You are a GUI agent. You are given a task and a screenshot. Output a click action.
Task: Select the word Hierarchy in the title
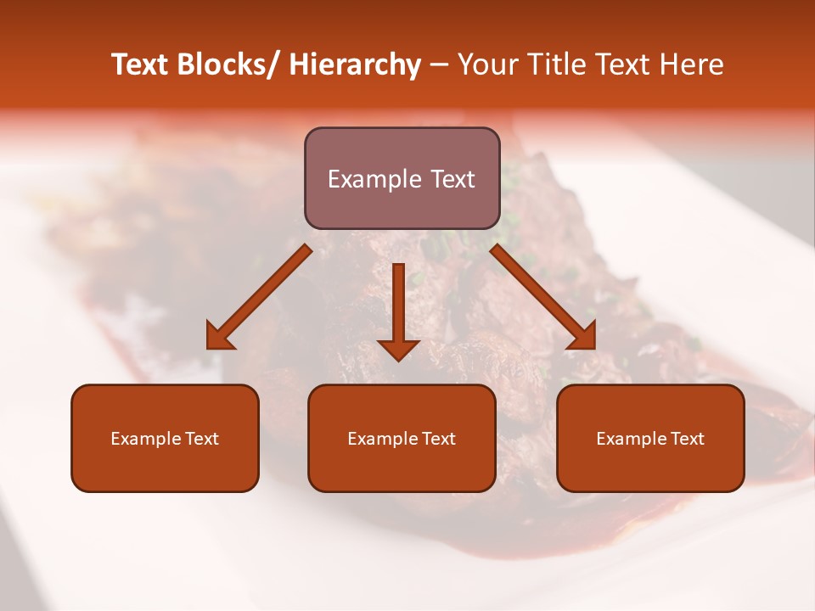355,64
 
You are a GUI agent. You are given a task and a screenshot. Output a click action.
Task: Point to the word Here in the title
692,64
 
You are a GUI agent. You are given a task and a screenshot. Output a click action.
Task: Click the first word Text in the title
141,64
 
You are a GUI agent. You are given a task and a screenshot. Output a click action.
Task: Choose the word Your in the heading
488,64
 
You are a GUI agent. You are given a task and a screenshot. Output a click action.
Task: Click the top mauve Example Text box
402,178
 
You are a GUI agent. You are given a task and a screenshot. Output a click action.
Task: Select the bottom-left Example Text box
165,438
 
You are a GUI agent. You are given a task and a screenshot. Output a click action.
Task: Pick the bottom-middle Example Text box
402,438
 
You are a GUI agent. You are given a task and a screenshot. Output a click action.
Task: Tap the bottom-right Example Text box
650,438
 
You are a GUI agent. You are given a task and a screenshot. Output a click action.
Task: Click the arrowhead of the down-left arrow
220,336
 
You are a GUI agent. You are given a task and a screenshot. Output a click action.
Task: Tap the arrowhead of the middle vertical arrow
398,348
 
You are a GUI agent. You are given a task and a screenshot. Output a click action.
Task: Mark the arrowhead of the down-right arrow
582,336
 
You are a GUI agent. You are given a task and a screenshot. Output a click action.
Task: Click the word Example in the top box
374,179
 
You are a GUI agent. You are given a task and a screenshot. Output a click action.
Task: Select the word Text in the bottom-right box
688,439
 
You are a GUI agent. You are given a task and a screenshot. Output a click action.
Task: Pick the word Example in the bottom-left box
145,439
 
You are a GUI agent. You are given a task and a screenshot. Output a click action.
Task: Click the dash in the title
439,64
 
